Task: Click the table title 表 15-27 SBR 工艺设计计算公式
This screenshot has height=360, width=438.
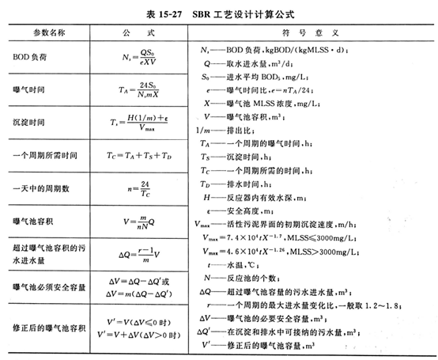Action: pyautogui.click(x=218, y=9)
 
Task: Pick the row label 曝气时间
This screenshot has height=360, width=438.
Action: pyautogui.click(x=28, y=93)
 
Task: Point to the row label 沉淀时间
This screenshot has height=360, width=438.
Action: pyautogui.click(x=28, y=123)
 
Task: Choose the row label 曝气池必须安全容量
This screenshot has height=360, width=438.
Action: pyautogui.click(x=47, y=282)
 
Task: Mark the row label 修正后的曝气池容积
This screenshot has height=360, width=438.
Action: pyautogui.click(x=47, y=326)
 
